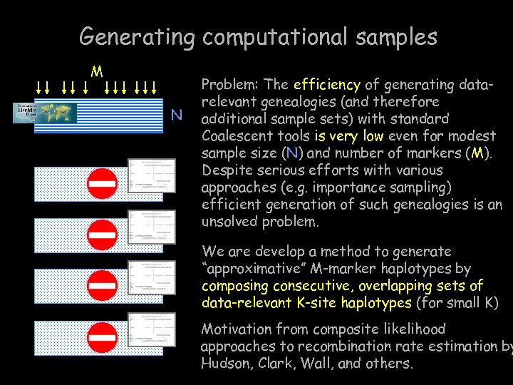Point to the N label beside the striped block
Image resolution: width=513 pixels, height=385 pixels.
pyautogui.click(x=177, y=115)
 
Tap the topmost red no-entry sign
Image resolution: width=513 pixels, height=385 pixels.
pyautogui.click(x=102, y=184)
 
